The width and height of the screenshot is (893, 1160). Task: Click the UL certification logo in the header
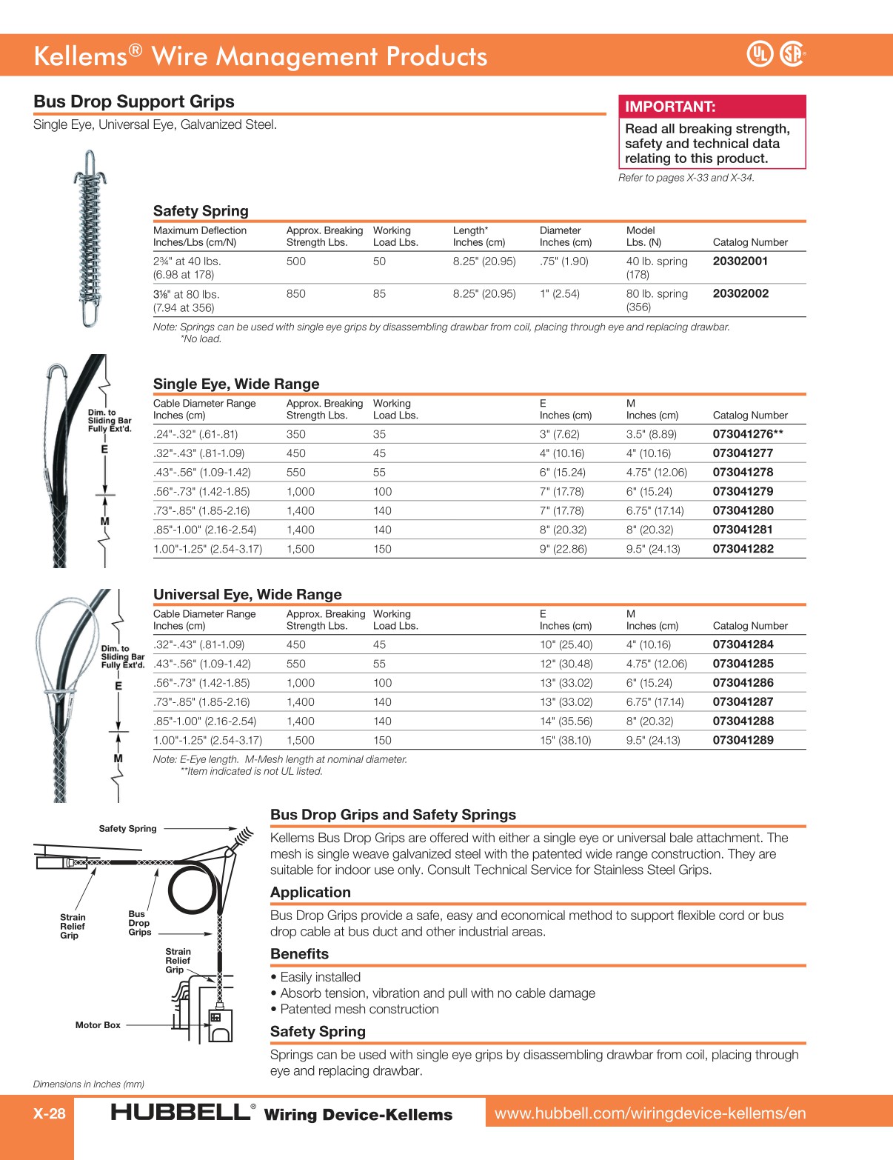[759, 54]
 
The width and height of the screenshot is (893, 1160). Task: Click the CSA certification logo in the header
[792, 54]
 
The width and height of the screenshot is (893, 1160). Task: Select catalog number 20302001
[740, 261]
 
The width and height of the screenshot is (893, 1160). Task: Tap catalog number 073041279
[743, 492]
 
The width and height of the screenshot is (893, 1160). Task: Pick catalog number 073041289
[743, 741]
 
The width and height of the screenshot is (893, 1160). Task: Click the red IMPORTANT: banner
[712, 107]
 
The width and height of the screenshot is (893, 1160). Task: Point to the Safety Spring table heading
[201, 211]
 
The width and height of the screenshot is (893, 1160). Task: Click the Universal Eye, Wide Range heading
[247, 595]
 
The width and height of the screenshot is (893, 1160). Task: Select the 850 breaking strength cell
[296, 294]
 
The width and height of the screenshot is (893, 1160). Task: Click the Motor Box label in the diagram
[98, 1025]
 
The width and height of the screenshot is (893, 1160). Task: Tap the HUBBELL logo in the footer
[181, 1113]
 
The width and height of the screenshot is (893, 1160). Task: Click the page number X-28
[49, 1113]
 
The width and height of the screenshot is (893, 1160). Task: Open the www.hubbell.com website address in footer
[650, 1113]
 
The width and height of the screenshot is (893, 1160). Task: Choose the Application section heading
[310, 893]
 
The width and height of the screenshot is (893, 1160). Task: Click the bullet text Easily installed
[320, 978]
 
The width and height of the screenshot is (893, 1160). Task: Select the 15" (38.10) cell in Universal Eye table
[565, 741]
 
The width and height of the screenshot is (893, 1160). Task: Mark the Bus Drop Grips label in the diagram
[138, 923]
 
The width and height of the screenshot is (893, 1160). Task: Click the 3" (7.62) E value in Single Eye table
[559, 435]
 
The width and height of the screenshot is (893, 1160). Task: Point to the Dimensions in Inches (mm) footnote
[89, 1084]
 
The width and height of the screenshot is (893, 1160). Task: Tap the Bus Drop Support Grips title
[134, 102]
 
